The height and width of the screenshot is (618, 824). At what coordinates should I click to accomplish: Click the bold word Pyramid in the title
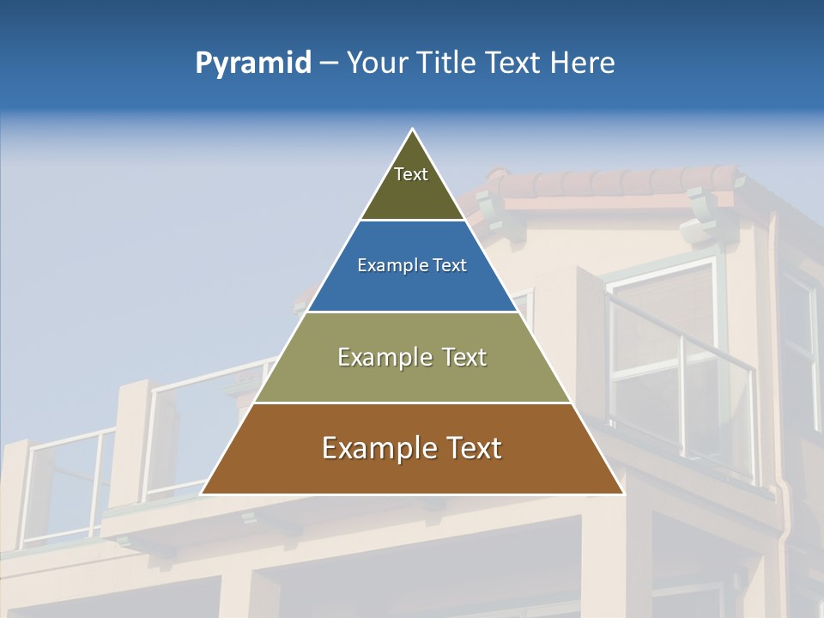pyautogui.click(x=252, y=64)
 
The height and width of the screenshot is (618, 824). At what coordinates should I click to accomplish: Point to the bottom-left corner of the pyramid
pyautogui.click(x=203, y=494)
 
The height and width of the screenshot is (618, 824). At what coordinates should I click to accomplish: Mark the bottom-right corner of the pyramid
pyautogui.click(x=622, y=494)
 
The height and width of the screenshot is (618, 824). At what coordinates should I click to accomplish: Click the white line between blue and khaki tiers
pyautogui.click(x=412, y=312)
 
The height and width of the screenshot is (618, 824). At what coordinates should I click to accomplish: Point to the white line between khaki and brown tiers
pyautogui.click(x=412, y=403)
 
